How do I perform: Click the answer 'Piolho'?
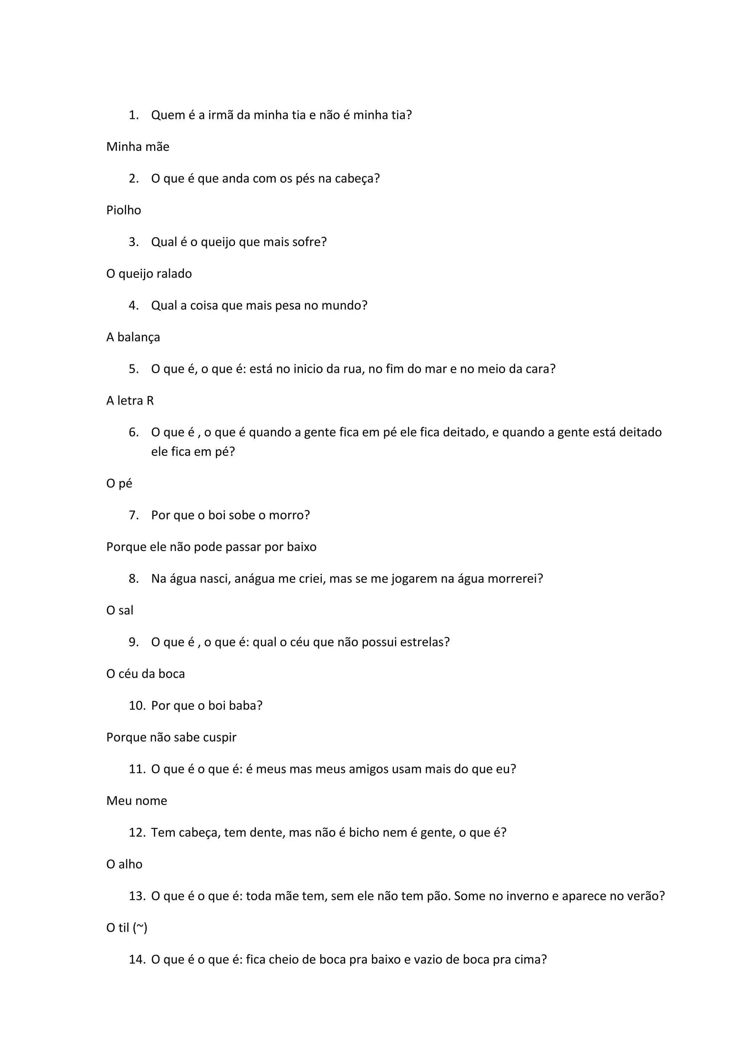point(123,210)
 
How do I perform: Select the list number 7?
point(134,516)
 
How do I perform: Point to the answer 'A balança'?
point(133,338)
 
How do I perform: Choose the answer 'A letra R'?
point(130,401)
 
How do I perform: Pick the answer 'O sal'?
point(120,611)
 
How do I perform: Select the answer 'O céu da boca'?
point(145,674)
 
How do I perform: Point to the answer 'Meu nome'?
point(137,801)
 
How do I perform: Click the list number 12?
point(137,832)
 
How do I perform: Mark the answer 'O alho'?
point(124,864)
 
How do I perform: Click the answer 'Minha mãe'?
point(138,147)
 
